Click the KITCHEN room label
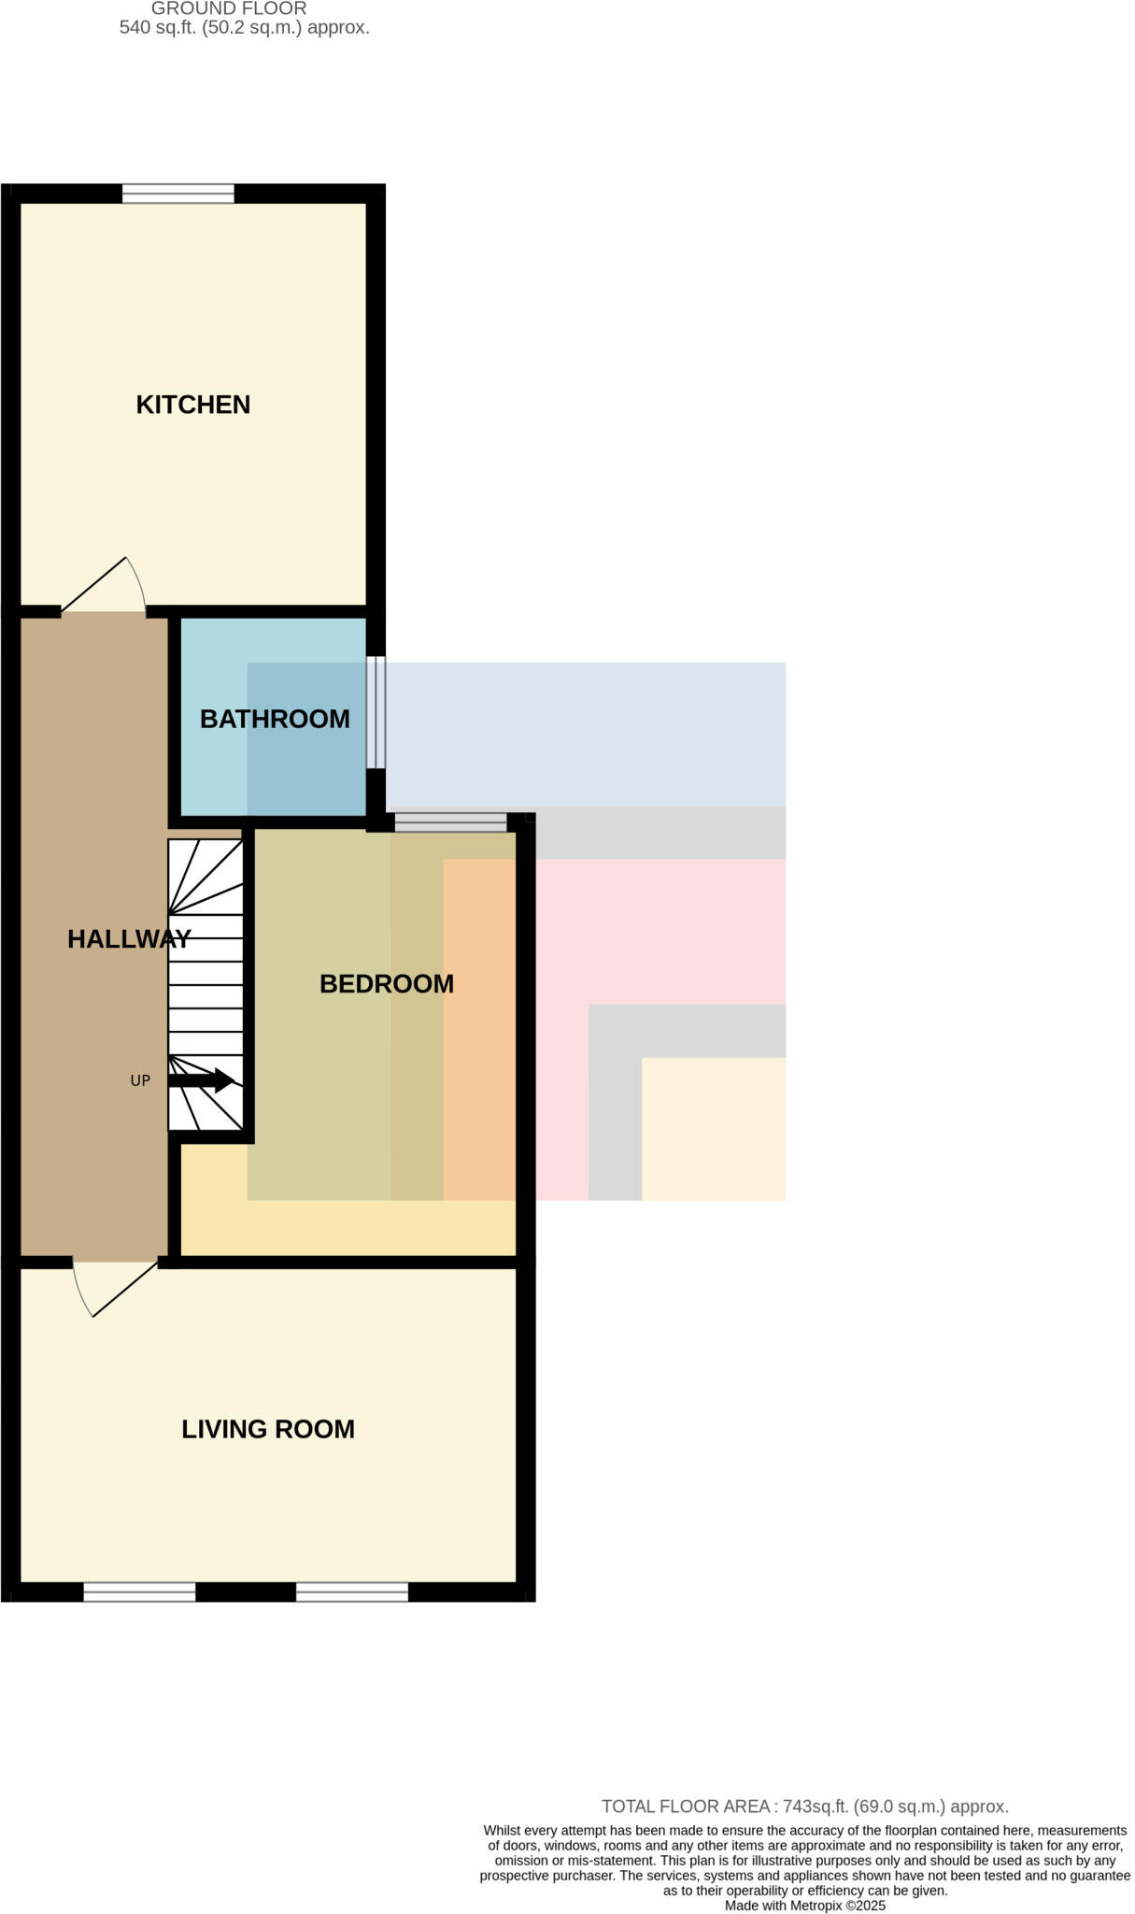(x=193, y=405)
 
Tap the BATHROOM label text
(x=275, y=719)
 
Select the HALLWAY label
(x=129, y=939)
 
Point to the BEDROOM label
(x=387, y=983)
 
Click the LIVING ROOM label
(x=268, y=1429)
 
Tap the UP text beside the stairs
(x=140, y=1080)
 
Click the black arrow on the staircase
(x=202, y=1080)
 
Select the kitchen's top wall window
(x=177, y=193)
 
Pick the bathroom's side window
(x=376, y=711)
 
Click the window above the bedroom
(x=450, y=822)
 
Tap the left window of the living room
(x=139, y=1592)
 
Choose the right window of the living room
(x=352, y=1592)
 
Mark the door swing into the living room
(x=114, y=1287)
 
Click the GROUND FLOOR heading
(x=229, y=8)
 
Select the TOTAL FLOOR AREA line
(x=804, y=1807)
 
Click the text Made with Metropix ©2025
(x=804, y=1906)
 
